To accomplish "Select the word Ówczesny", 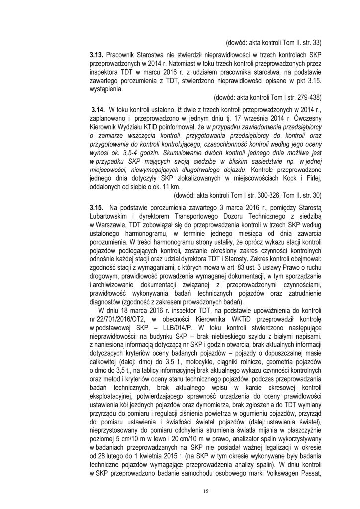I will pos(300,117).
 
